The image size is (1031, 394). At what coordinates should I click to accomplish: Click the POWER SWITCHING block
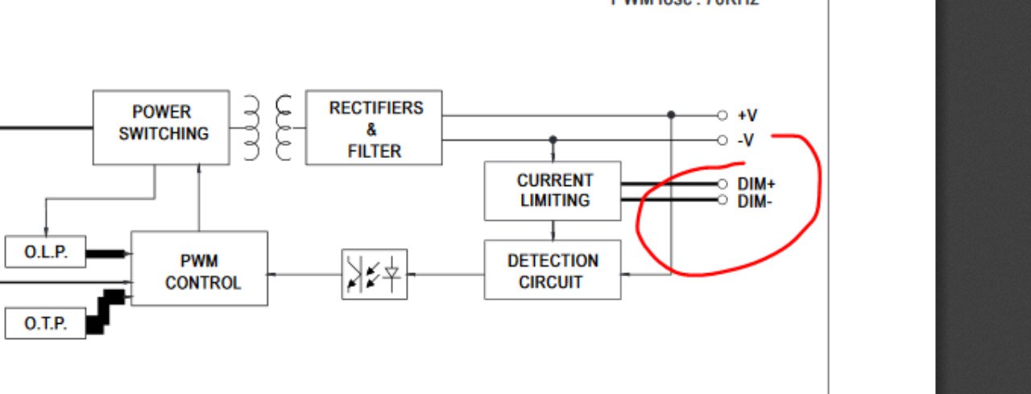[x=161, y=127]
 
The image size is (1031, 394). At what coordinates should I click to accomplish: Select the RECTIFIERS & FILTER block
[x=374, y=127]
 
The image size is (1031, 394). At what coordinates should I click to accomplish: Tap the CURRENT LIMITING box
[x=553, y=191]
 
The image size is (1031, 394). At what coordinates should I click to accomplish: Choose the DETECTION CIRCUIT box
[x=553, y=270]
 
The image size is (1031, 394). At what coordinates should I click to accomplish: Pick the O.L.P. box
[x=45, y=252]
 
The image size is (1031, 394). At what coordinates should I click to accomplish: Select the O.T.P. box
[x=45, y=324]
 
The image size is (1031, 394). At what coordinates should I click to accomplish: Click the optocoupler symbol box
[x=375, y=274]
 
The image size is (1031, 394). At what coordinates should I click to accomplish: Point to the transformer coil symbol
[x=268, y=127]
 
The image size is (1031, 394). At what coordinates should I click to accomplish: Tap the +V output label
[x=747, y=116]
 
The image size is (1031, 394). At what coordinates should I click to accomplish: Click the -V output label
[x=746, y=140]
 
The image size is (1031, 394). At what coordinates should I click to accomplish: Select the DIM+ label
[x=756, y=185]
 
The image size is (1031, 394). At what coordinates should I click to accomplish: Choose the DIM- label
[x=754, y=201]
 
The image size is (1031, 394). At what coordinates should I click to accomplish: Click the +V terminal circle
[x=722, y=115]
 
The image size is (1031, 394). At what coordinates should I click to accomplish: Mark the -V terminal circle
[x=722, y=140]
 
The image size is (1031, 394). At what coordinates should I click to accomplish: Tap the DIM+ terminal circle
[x=722, y=184]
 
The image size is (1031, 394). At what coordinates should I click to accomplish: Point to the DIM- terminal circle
[x=722, y=199]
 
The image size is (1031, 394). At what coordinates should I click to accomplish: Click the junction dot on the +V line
[x=671, y=115]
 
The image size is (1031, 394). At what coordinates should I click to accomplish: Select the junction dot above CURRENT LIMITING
[x=553, y=140]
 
